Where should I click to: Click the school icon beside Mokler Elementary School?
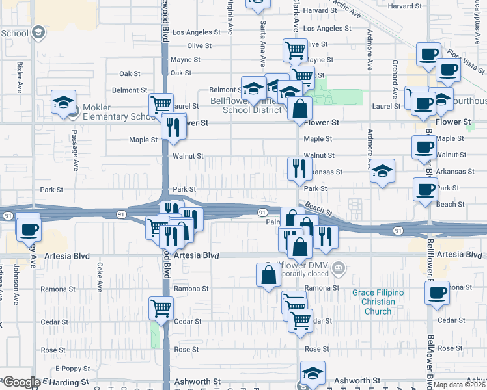point(63,103)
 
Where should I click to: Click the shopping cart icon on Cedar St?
point(161,307)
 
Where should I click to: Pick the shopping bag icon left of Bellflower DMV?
point(269,275)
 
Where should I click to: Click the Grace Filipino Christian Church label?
point(378,302)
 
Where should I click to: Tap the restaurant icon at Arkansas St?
point(298,168)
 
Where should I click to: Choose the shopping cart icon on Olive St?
point(295,49)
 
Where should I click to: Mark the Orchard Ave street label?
point(395,76)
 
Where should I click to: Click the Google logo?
point(21,382)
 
